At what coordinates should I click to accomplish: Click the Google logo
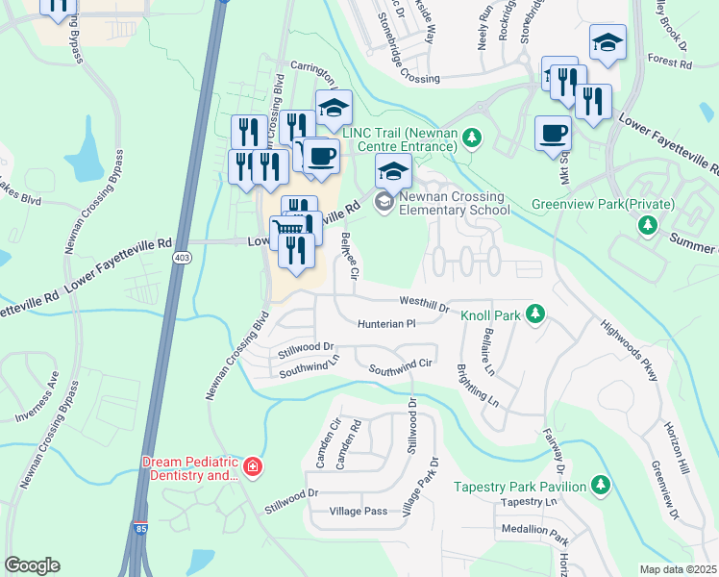click(x=32, y=565)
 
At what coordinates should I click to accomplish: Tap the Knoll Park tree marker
click(x=536, y=314)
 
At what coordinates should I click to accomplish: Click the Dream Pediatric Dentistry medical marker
click(x=253, y=468)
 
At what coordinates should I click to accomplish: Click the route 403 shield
click(x=182, y=258)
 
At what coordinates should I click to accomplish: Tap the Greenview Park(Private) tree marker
click(x=649, y=225)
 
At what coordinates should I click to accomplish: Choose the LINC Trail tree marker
click(x=471, y=138)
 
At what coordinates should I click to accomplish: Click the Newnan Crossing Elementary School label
click(x=454, y=203)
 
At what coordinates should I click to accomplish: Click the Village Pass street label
click(x=358, y=511)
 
